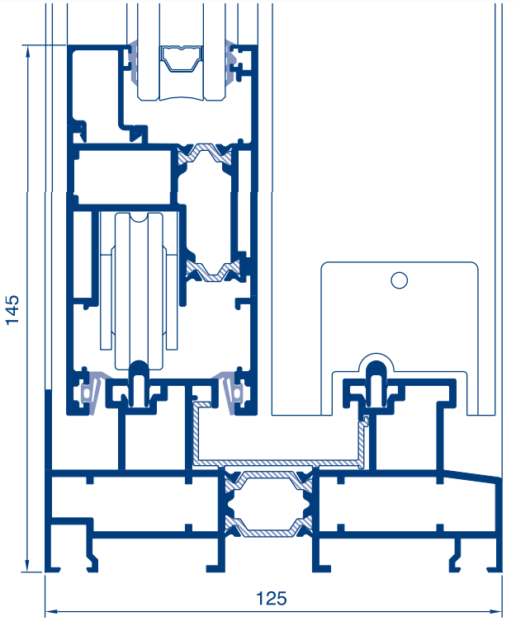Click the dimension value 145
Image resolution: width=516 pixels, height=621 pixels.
pos(12,310)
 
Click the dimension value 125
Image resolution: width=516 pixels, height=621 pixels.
pos(272,599)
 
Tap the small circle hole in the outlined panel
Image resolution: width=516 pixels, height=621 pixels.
pos(399,280)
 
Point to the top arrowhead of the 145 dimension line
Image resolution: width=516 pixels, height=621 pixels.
pos(27,50)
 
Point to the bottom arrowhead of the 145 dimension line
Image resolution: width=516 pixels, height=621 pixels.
pos(27,567)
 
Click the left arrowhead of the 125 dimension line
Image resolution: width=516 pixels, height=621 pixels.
pos(51,611)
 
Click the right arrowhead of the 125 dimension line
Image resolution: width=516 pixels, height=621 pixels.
pos(495,611)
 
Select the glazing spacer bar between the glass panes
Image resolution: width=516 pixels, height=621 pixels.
pos(182,59)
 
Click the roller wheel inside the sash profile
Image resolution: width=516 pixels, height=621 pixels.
pos(139,291)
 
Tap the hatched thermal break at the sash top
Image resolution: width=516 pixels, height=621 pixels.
pos(204,153)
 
